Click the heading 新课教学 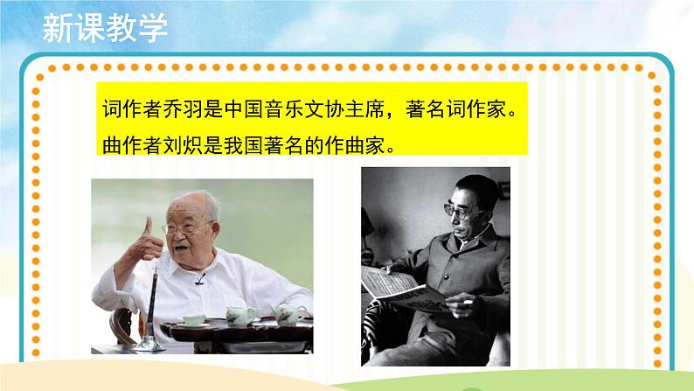click(104, 28)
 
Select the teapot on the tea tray click(237, 313)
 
